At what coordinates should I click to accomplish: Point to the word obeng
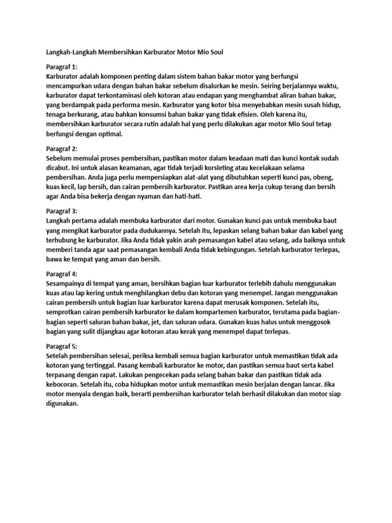[x=323, y=177]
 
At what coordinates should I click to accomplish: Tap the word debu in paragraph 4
[x=188, y=293]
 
